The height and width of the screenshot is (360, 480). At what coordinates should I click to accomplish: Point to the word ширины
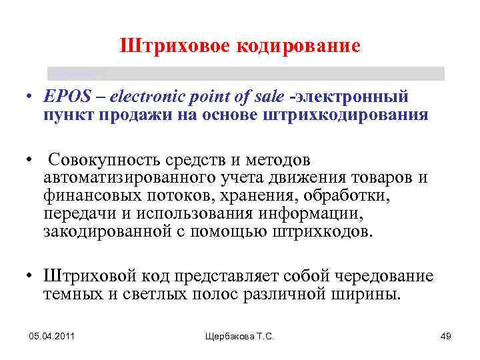[373, 294]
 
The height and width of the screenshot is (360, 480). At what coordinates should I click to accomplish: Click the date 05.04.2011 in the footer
[51, 337]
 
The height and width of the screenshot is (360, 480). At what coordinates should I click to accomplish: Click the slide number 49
[447, 337]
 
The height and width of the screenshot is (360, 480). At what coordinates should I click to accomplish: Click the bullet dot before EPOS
[31, 98]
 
